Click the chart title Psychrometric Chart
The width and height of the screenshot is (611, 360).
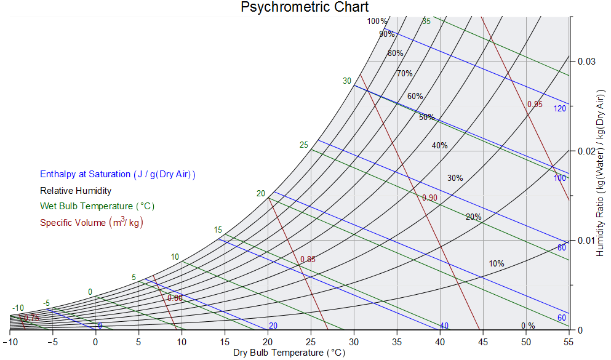point(305,7)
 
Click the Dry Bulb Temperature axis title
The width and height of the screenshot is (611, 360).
point(289,353)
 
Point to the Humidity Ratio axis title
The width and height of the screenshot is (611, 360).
point(601,173)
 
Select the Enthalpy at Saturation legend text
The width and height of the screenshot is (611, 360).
point(118,175)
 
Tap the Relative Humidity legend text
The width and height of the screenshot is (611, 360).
point(76,191)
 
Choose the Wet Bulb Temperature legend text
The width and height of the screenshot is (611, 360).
point(97,206)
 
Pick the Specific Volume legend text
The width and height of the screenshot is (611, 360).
point(92,222)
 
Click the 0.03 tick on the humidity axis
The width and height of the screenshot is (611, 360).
point(587,62)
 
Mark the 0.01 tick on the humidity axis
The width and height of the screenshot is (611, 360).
point(587,240)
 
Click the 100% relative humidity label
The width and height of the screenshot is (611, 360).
point(378,22)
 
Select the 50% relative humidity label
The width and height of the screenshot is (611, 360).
point(427,118)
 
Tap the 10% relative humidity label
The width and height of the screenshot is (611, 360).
point(497,264)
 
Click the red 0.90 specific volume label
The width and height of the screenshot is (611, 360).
point(429,198)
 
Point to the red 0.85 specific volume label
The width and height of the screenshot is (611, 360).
point(308,260)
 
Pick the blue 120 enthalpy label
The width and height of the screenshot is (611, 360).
point(559,109)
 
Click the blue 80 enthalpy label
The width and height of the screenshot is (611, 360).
point(561,248)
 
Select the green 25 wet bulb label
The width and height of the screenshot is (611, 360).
point(304,145)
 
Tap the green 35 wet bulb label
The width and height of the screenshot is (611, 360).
point(426,22)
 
